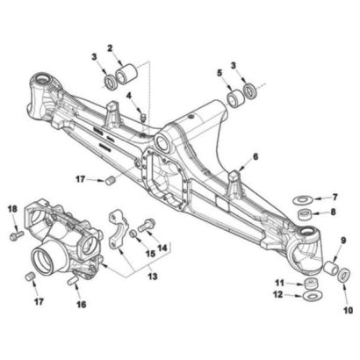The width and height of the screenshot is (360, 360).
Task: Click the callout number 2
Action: coord(110,48)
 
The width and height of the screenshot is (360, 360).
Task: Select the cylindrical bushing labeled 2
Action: coord(126,74)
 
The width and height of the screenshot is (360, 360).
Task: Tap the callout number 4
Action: coord(128,96)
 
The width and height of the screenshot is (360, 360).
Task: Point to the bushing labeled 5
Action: coord(235,99)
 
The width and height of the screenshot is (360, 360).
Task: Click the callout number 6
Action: coord(256,157)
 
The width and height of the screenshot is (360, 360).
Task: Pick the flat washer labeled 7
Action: coord(303,200)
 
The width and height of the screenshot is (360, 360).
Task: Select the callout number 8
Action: coord(333,212)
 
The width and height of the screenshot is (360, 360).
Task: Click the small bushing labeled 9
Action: coord(331,268)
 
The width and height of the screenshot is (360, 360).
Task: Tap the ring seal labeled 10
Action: coord(344,275)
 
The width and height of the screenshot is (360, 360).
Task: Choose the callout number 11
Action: coord(280,283)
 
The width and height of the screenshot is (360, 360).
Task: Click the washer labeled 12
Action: coord(313,296)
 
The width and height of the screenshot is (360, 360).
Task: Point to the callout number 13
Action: coord(153,276)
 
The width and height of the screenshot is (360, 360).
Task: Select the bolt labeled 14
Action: coord(145,226)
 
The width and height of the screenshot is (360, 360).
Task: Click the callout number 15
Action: coord(150,254)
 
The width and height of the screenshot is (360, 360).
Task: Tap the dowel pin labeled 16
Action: coord(73,281)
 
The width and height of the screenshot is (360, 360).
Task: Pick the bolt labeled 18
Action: coord(16,235)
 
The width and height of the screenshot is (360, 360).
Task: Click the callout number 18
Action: coord(12,209)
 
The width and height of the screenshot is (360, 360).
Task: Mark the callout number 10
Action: coord(348,310)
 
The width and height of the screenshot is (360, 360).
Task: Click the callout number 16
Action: coord(81,305)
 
